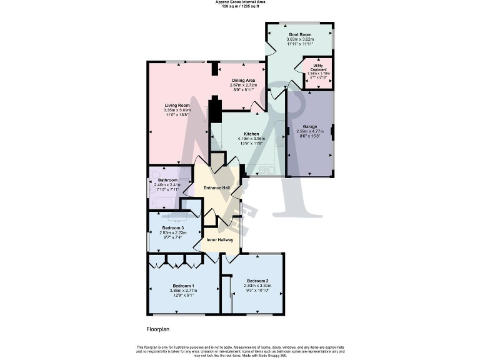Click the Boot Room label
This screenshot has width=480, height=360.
point(300,35)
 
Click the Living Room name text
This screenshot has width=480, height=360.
point(177,106)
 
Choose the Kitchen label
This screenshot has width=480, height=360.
point(251,134)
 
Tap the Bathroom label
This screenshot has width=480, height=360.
point(167,181)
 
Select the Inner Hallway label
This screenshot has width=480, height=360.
point(219,240)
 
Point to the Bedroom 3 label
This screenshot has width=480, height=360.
point(172,228)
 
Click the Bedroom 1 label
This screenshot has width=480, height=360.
point(183,286)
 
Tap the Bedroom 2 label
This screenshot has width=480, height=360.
point(257,281)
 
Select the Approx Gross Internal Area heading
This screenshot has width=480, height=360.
point(239,2)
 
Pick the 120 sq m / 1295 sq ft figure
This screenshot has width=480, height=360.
point(239,7)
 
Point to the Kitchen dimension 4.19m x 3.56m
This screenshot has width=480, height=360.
point(251,139)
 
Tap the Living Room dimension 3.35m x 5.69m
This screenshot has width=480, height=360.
point(177,111)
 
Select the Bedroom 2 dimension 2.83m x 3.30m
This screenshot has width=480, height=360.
point(257,286)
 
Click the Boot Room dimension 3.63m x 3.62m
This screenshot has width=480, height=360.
point(300,40)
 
